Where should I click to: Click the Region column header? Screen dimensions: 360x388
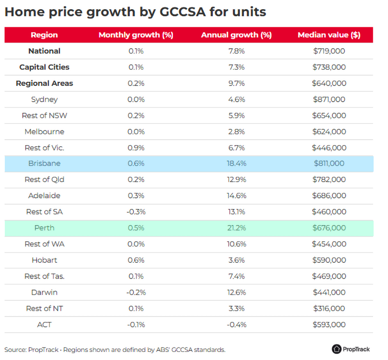pos(44,35)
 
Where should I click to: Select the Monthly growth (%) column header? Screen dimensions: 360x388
pos(136,35)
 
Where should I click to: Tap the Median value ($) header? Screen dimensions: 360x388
pos(329,35)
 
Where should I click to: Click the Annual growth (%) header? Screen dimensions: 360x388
pos(236,35)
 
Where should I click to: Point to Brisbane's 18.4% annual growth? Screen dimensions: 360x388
pos(236,163)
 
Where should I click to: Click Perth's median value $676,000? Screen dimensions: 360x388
pos(329,228)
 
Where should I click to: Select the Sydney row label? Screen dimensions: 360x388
pos(44,99)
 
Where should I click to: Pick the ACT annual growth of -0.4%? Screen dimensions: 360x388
pos(236,325)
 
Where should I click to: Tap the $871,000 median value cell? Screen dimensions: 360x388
pos(329,99)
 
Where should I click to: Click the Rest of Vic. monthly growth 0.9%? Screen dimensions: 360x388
pos(136,148)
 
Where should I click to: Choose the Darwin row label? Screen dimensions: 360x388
pos(44,292)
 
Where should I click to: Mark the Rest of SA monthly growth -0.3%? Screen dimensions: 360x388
pos(136,212)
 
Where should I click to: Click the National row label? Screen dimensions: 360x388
pos(44,51)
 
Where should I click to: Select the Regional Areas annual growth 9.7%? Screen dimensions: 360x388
pos(236,83)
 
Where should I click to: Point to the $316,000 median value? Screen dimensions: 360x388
pos(329,308)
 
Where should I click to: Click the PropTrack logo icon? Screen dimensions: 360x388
pos(336,349)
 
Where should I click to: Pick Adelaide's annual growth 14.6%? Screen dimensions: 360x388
pos(236,196)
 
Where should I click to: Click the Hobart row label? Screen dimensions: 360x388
pos(44,260)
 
